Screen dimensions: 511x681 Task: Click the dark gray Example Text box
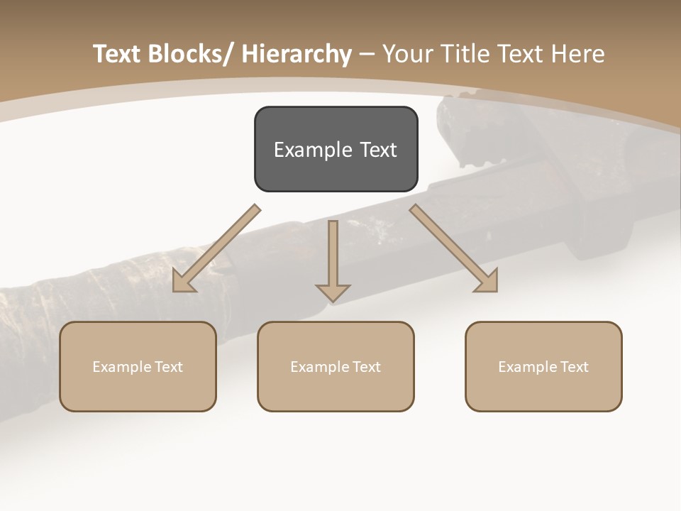point(336,149)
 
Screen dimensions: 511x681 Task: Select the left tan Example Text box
point(138,366)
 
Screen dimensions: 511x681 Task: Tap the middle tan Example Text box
point(336,366)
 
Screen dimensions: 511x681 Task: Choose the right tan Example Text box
point(543,366)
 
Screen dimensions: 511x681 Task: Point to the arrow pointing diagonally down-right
point(454,248)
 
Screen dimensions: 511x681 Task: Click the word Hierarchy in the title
point(297,54)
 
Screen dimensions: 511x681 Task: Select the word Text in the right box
point(574,367)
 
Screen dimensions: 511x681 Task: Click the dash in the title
point(367,54)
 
